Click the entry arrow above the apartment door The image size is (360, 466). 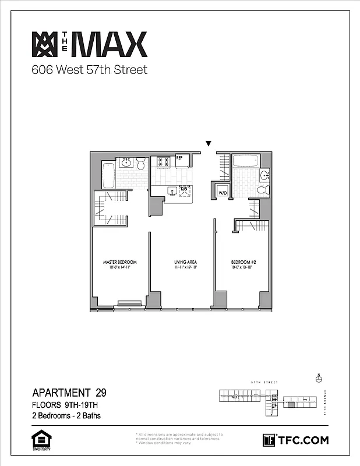tap(209, 144)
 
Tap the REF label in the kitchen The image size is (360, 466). tap(179, 158)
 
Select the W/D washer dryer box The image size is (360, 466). tap(223, 192)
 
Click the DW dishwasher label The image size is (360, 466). tap(184, 189)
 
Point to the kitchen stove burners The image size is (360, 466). tap(163, 162)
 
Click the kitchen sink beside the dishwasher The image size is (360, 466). tap(172, 190)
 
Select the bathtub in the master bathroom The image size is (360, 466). tap(109, 175)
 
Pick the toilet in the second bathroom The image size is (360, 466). tap(262, 190)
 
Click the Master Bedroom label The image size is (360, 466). tap(119, 262)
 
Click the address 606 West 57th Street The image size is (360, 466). tap(89, 70)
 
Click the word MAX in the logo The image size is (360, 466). tap(108, 45)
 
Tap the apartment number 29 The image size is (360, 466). tap(100, 392)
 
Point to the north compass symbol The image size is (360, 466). tap(318, 378)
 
